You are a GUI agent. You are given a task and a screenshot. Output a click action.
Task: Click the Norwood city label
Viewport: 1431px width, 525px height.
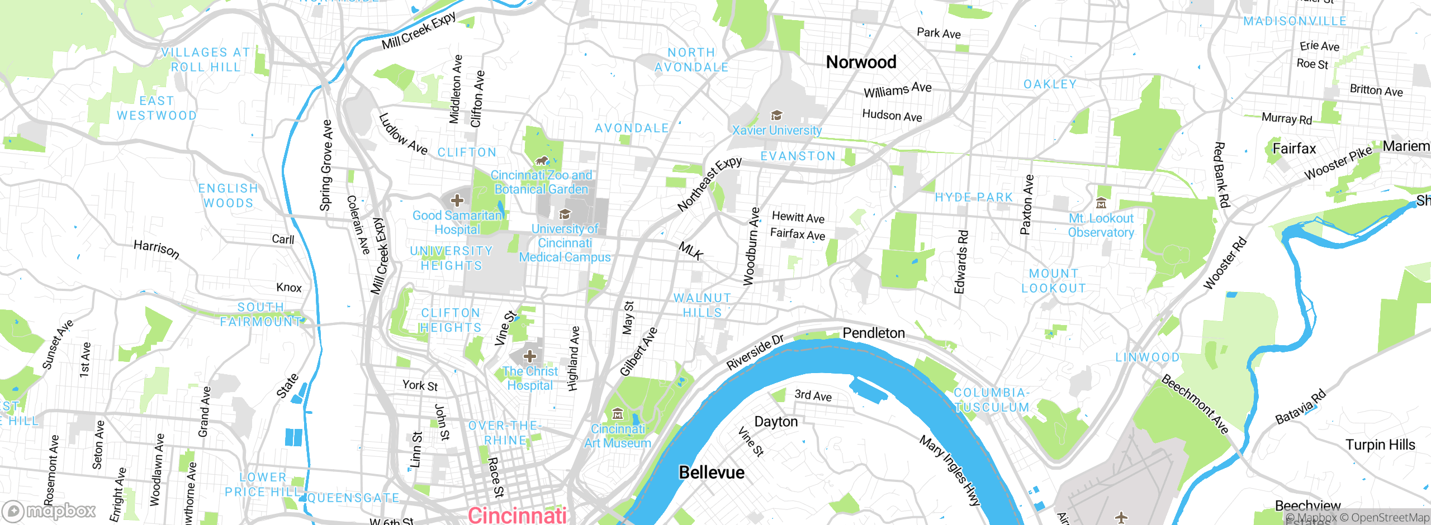861,62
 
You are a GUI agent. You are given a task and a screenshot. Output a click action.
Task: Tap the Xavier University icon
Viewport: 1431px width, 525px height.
776,116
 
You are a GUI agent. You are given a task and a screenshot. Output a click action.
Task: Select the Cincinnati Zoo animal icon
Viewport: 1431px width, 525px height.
541,161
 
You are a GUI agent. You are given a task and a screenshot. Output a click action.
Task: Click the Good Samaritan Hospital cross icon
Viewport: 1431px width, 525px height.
457,200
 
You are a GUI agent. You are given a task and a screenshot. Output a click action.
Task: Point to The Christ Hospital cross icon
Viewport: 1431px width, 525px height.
530,356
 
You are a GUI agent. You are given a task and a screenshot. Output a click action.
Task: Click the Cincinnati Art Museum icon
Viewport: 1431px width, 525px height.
618,414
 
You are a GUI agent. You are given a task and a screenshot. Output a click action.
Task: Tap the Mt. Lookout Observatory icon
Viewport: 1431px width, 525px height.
1101,203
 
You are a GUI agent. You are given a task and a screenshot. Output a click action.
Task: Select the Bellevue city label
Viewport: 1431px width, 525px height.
711,472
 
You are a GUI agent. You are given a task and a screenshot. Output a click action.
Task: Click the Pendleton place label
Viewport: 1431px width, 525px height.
873,333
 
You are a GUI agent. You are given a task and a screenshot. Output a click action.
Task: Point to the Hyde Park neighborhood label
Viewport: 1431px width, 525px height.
974,197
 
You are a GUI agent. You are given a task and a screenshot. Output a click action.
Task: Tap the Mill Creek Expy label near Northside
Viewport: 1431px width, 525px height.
419,30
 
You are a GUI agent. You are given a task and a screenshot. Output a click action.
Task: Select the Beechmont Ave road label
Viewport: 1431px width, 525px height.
1195,404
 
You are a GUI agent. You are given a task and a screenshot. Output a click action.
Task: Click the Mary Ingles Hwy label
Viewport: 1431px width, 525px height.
950,470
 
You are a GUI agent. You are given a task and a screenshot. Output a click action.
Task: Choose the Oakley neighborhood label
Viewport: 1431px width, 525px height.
1050,84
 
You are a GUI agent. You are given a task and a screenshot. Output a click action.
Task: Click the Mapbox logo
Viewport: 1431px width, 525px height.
49,511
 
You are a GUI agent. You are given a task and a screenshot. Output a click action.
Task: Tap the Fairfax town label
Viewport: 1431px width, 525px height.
1294,149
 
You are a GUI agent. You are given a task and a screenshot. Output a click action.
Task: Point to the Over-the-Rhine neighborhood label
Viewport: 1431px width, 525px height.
505,433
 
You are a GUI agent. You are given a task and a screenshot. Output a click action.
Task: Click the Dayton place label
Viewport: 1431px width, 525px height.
776,422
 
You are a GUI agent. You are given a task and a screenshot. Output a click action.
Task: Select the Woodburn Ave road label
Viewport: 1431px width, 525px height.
751,246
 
